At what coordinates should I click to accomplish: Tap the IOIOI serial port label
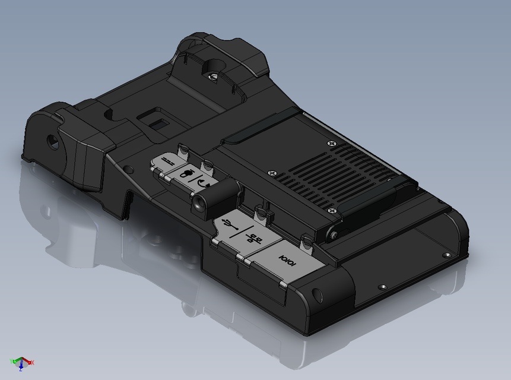(288, 260)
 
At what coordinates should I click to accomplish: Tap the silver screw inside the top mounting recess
(211, 75)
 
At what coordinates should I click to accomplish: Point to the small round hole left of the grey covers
(126, 169)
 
